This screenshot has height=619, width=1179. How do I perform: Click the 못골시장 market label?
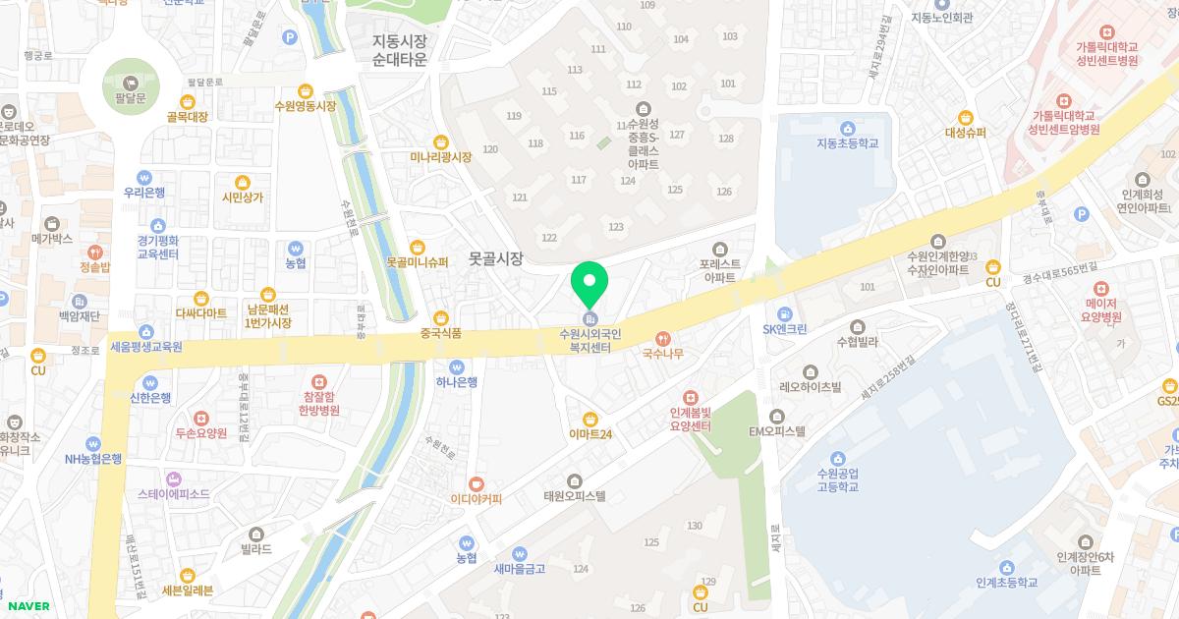coord(495,258)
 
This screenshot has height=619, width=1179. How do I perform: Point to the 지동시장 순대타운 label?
coord(400,50)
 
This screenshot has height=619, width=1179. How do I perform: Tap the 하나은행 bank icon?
coord(458,365)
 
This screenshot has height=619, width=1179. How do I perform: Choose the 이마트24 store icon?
coord(589,418)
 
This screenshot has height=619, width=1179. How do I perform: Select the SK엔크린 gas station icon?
coord(785,312)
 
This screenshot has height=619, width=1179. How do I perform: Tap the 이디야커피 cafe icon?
coord(476,482)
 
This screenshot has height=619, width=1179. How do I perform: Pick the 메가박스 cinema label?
coord(52,238)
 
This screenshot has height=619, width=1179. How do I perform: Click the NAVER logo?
coord(28,606)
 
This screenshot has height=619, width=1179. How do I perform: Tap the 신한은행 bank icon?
coord(149,382)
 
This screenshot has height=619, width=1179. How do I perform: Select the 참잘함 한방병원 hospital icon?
coord(316,381)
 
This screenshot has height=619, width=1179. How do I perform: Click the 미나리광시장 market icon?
coord(440,141)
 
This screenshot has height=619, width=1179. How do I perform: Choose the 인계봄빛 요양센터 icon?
coord(690,397)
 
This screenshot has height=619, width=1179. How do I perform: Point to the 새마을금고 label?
coord(519,568)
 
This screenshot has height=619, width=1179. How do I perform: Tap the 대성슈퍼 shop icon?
coord(966,117)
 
